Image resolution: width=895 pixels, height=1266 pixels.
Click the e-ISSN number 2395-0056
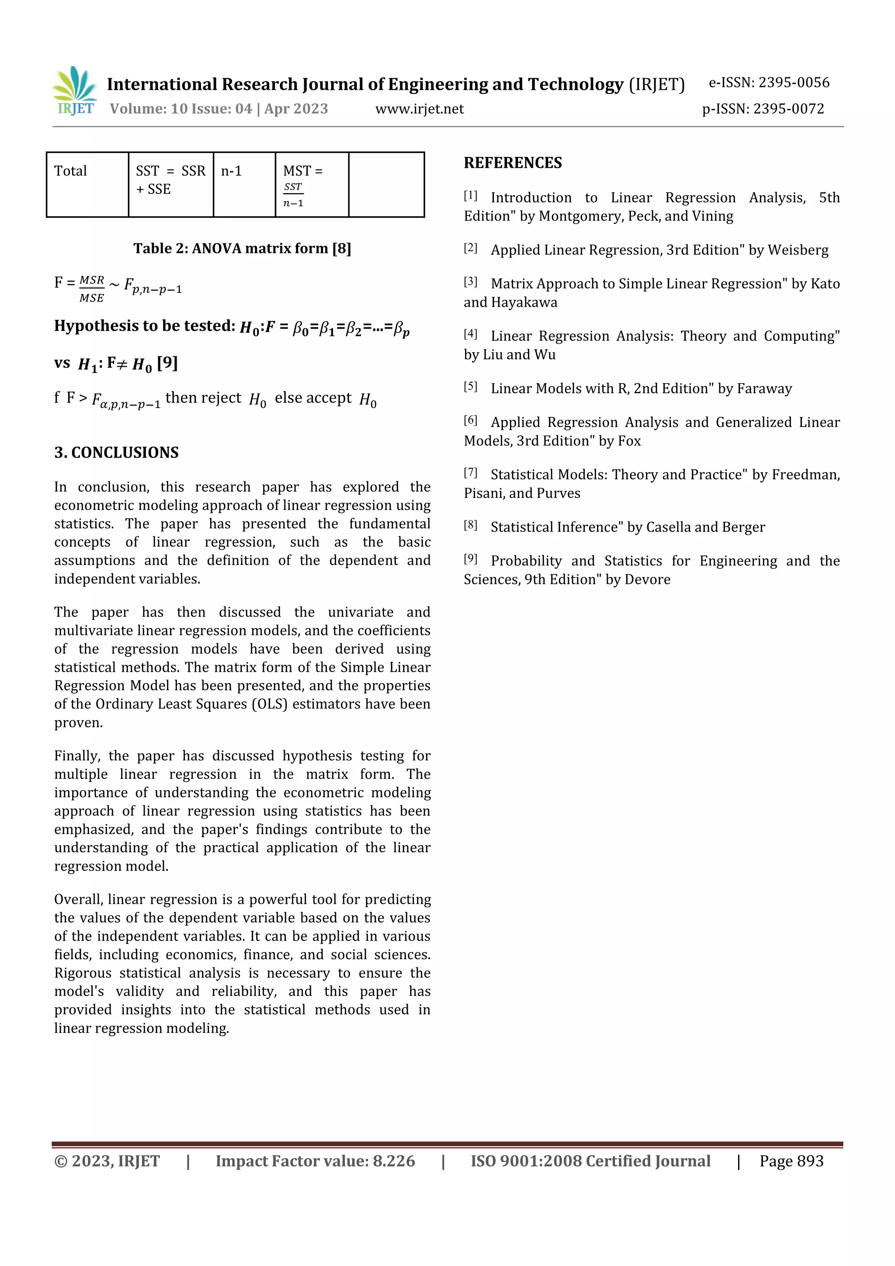click(794, 83)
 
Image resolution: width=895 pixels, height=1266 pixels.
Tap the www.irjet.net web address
click(419, 109)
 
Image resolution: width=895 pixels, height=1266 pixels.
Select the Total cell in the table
click(71, 171)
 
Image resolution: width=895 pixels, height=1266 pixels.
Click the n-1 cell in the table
click(232, 171)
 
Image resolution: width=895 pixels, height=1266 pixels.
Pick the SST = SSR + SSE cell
click(170, 180)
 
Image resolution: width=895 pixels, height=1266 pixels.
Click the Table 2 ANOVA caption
click(242, 249)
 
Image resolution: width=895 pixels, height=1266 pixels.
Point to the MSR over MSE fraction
click(91, 289)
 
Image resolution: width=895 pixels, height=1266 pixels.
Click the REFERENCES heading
click(512, 163)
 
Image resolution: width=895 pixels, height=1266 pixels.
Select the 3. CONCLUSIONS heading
click(116, 453)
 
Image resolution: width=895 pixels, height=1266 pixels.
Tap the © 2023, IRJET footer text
click(107, 1161)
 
